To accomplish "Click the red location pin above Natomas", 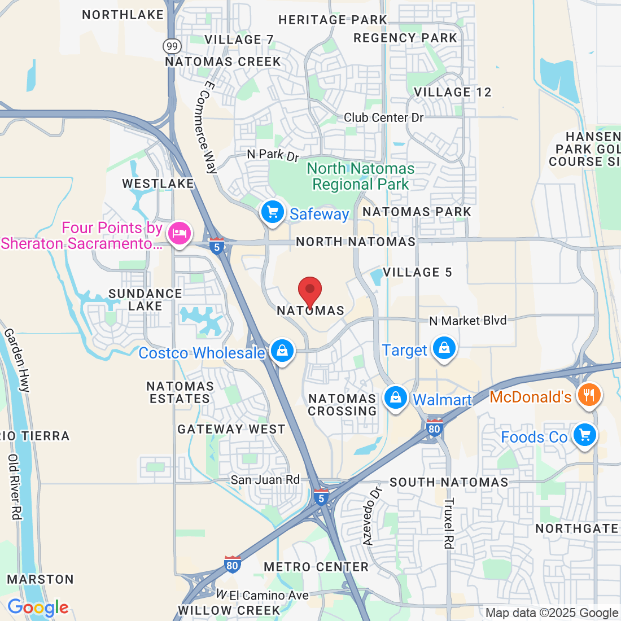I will tap(310, 291).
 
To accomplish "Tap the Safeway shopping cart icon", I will tap(273, 213).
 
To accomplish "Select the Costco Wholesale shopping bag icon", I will tap(282, 352).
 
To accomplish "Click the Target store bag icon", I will tap(444, 348).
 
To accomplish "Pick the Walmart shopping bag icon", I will tap(396, 398).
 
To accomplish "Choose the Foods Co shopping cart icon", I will tap(584, 436).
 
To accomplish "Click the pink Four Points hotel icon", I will tap(180, 233).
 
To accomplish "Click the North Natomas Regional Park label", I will tap(361, 176).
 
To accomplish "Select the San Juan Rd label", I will tap(265, 480).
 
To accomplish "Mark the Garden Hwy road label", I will tap(17, 360).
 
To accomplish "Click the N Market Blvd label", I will tap(468, 321).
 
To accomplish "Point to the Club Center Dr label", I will tap(384, 117).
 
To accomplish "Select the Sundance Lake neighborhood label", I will tap(145, 300).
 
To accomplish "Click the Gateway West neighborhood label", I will tap(231, 429).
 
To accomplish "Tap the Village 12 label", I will tap(453, 92).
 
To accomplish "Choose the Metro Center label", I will tap(316, 567).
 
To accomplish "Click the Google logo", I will tap(38, 607).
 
